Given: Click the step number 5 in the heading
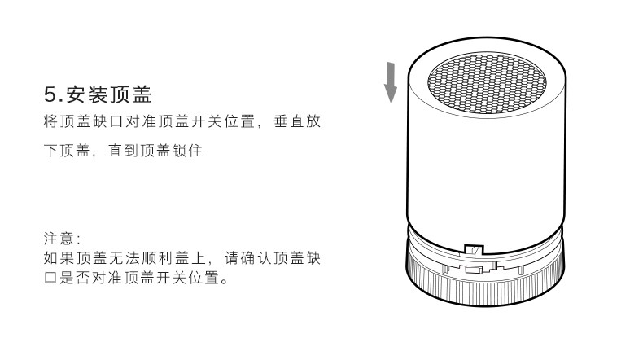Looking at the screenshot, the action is [x=49, y=95].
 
